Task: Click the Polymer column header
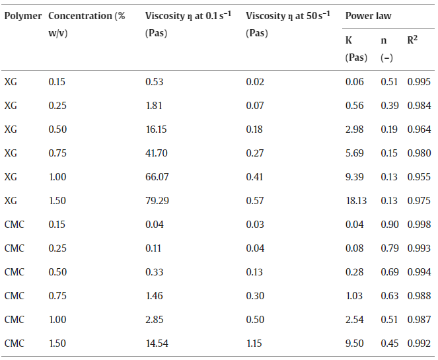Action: (x=23, y=17)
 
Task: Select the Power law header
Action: (x=368, y=16)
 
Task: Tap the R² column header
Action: (x=412, y=40)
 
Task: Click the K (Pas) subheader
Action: (x=356, y=49)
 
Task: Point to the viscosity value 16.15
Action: (x=156, y=129)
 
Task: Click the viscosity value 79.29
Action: (x=157, y=201)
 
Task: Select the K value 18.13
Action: (x=356, y=201)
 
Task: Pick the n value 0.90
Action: (x=389, y=225)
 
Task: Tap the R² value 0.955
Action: (x=419, y=177)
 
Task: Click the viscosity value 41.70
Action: (x=157, y=153)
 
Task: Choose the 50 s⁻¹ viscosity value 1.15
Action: (x=254, y=343)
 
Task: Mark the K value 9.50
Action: (x=355, y=343)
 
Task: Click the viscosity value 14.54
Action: (x=157, y=343)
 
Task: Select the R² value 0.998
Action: (x=419, y=225)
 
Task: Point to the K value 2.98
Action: (x=355, y=129)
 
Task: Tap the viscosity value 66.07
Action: (x=157, y=177)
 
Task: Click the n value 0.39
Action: (x=389, y=106)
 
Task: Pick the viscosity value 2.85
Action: (x=154, y=320)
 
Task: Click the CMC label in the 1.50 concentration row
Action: (x=15, y=343)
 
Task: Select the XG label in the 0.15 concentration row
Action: (x=11, y=82)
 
